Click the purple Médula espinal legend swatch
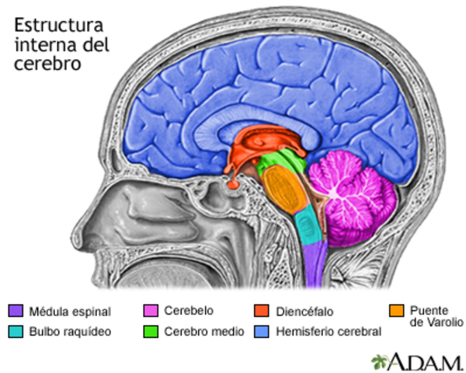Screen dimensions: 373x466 (16, 312)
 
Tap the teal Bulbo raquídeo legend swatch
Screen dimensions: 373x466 (16, 332)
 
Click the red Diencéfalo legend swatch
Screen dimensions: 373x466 (262, 312)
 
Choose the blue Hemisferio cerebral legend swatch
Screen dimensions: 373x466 (262, 332)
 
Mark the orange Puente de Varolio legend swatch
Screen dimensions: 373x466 (396, 312)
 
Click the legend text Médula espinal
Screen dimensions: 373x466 (70, 312)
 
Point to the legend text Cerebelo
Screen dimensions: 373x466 (189, 311)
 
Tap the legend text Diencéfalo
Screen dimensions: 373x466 (304, 312)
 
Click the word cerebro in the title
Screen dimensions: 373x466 (47, 64)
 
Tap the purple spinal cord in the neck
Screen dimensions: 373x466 (312, 268)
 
